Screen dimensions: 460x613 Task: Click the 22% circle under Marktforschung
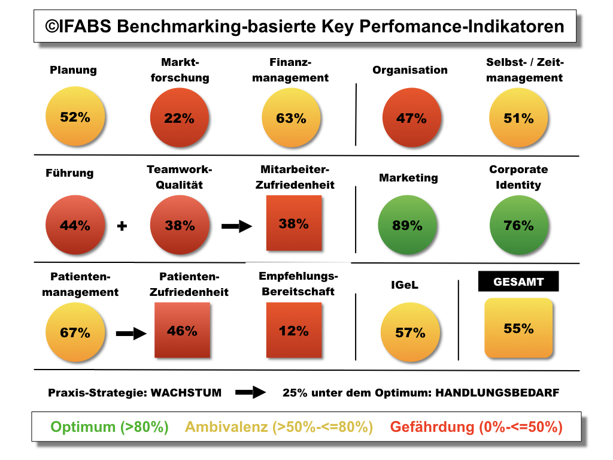180,118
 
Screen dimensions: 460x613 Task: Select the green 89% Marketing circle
408,226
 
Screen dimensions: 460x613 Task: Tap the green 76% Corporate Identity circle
518,226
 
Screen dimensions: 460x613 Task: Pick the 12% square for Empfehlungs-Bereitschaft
294,330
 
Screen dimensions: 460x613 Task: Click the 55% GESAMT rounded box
518,328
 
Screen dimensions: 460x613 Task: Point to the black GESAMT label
518,282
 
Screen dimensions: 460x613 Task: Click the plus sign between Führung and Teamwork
122,227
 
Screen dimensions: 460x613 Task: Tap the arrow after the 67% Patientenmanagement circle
131,334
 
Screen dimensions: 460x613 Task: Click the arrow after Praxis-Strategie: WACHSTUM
250,393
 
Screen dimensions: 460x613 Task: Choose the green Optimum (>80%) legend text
110,427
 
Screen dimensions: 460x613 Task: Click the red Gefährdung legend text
476,427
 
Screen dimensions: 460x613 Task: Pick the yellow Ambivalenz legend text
279,427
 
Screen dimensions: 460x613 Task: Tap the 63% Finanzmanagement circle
292,118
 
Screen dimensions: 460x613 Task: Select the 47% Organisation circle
411,118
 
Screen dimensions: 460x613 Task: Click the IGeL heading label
400,285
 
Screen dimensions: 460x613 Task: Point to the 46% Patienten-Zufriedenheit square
183,330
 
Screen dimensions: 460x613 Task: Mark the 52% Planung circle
75,117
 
